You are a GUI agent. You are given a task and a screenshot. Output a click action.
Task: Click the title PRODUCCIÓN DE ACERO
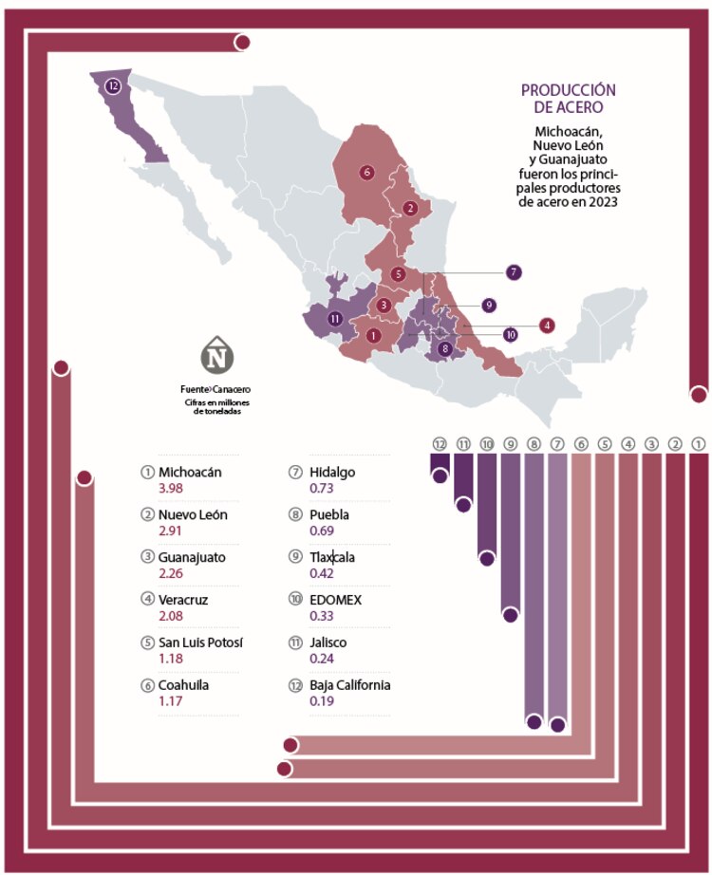click(x=568, y=99)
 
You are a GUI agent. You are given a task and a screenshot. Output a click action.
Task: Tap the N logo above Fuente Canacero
click(x=216, y=357)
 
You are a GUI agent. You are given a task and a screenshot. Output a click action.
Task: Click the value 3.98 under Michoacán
click(x=170, y=489)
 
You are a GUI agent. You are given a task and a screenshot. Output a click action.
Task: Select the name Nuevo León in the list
click(x=193, y=514)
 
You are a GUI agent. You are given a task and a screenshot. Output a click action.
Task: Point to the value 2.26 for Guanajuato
click(x=170, y=574)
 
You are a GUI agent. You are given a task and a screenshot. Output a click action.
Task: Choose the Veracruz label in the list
click(x=184, y=600)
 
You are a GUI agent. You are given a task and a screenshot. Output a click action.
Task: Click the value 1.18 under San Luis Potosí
click(x=170, y=659)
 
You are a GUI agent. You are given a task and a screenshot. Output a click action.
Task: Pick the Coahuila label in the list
click(x=184, y=684)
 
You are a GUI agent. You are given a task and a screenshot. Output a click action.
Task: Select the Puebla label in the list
click(x=328, y=514)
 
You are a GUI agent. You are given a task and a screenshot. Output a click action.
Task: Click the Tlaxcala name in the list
click(x=332, y=557)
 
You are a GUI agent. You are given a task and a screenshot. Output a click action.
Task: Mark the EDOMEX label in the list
click(x=335, y=600)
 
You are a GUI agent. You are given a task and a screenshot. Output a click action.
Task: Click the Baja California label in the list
click(x=350, y=684)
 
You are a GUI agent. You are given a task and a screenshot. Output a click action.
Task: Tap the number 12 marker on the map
click(x=114, y=86)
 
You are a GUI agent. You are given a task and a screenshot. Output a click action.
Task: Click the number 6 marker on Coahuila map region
click(x=366, y=172)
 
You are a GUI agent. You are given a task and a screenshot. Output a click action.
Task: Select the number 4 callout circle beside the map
click(x=547, y=325)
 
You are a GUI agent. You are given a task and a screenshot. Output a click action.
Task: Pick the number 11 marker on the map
click(x=335, y=319)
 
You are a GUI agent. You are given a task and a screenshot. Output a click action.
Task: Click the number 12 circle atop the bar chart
click(x=439, y=443)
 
